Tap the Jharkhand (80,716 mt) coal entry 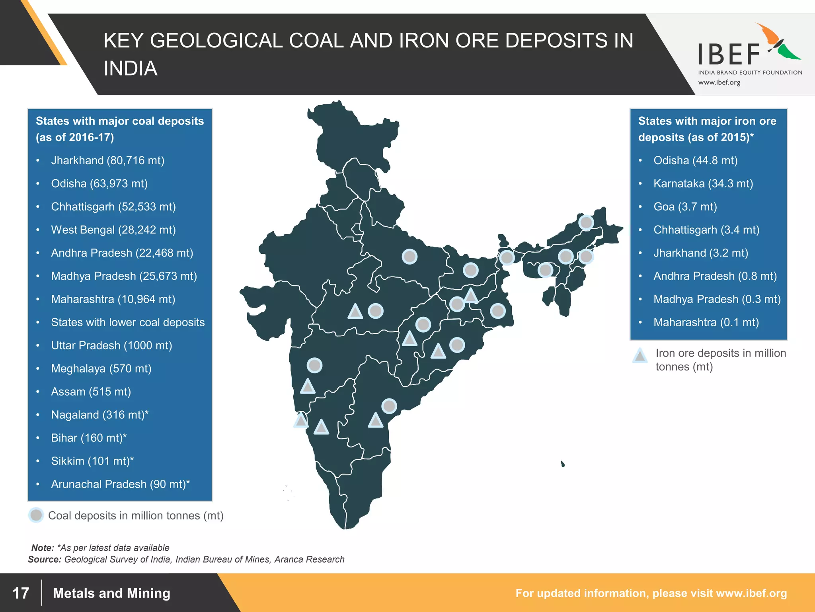(107, 161)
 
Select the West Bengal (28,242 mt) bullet (113, 230)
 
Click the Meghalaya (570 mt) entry (101, 369)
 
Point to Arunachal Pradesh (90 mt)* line (120, 484)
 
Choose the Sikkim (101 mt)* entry (92, 461)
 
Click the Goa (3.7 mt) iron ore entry (685, 207)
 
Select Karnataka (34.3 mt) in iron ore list (703, 184)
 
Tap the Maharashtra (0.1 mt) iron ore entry (706, 322)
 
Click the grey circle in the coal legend (36, 515)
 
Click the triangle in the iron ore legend (640, 355)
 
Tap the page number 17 (21, 593)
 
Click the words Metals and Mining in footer (111, 593)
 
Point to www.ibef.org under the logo (719, 82)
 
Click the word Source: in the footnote (45, 559)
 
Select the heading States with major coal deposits (119, 121)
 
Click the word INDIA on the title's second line (131, 69)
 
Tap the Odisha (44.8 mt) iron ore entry (695, 161)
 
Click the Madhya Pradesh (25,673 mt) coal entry (124, 276)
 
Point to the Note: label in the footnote (43, 548)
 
